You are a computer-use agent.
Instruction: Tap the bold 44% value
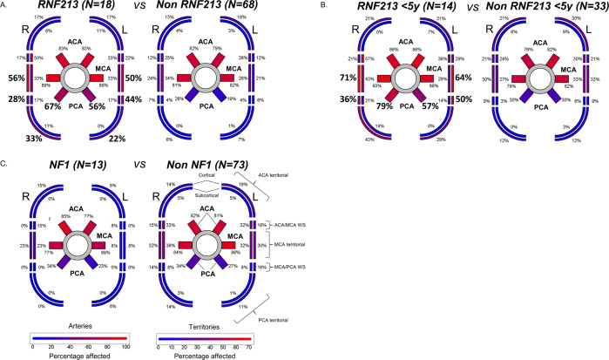[133, 99]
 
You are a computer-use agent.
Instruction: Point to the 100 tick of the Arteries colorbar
[126, 343]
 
